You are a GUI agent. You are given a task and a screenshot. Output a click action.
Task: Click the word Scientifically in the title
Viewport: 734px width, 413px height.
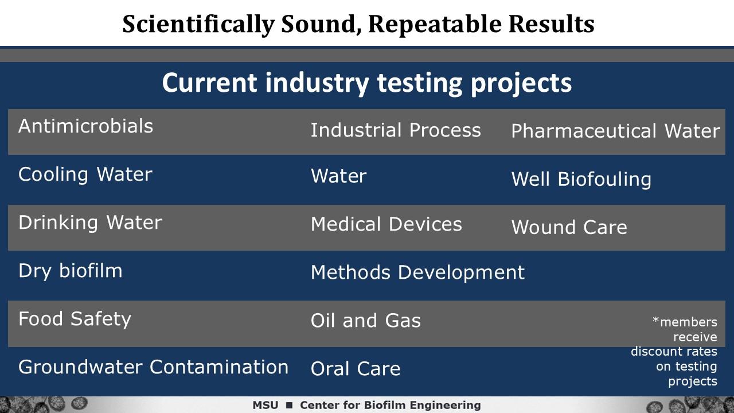click(198, 25)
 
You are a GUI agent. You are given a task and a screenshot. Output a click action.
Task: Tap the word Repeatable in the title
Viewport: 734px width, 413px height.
click(435, 25)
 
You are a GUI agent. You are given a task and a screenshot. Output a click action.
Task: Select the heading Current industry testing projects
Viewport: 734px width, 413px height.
click(367, 84)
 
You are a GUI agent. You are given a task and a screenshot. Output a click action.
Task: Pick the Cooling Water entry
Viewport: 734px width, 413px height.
click(85, 174)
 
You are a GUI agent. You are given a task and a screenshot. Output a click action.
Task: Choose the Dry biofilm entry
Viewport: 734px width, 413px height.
click(71, 271)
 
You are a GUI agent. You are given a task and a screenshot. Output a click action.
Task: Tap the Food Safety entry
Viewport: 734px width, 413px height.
click(75, 319)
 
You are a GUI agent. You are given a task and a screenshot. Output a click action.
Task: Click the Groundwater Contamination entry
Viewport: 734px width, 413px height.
click(153, 367)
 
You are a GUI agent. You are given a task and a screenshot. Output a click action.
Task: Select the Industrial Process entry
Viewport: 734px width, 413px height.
click(396, 130)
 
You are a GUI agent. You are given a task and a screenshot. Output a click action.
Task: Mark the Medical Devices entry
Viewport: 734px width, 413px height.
click(386, 224)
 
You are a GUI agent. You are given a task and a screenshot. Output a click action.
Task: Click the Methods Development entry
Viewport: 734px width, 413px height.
click(418, 272)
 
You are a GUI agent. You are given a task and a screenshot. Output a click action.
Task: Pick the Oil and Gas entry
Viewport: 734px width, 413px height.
click(366, 320)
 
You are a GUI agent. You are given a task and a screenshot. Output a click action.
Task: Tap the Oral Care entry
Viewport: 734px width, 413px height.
click(356, 368)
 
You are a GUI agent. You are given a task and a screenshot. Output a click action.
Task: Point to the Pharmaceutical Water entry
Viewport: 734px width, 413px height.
click(616, 131)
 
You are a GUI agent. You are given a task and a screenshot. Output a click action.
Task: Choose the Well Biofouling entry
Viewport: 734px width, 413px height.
click(581, 180)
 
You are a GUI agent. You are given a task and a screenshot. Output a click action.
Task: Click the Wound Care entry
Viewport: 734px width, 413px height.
click(569, 227)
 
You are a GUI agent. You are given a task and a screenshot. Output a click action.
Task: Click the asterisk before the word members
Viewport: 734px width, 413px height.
click(655, 320)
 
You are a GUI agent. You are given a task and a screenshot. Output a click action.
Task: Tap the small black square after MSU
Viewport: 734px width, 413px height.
click(289, 406)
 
